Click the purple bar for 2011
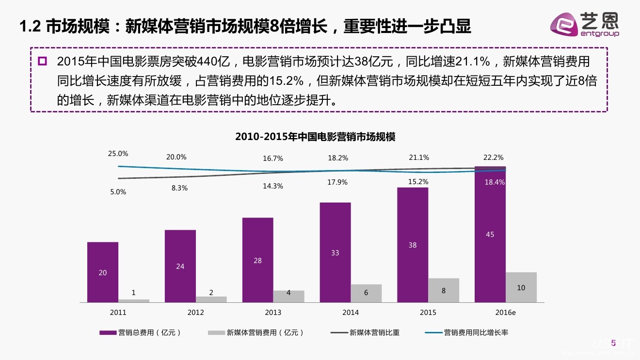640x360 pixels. (103, 272)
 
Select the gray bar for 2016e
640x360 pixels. (521, 287)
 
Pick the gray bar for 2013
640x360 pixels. (288, 296)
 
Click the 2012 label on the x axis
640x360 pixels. (195, 313)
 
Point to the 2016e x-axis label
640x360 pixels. (506, 313)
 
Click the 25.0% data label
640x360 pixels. (118, 154)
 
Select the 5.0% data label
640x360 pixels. (118, 192)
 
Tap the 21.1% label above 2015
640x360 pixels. (419, 157)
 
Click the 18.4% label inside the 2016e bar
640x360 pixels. (495, 182)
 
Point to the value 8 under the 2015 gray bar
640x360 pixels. (444, 291)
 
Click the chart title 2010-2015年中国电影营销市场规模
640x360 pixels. (315, 137)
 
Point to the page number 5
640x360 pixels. (613, 343)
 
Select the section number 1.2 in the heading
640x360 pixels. (30, 27)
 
